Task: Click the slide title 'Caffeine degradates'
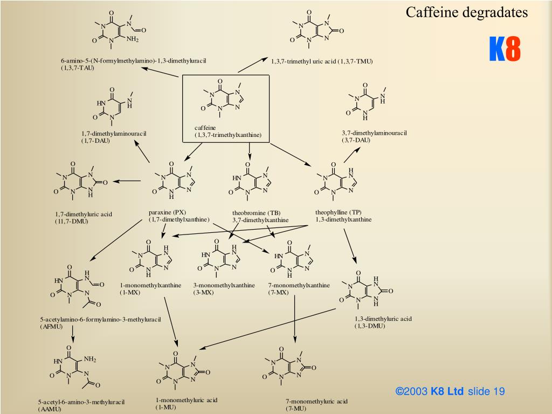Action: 467,12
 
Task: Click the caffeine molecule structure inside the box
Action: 224,100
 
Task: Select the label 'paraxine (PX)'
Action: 168,212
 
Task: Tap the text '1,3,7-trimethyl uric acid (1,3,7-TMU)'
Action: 322,61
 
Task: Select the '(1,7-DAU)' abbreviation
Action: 95,141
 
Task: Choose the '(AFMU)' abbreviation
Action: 51,327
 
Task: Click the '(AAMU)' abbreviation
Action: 50,409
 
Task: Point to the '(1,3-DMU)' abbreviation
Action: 370,326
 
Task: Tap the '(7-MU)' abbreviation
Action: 296,409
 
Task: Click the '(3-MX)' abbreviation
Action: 204,292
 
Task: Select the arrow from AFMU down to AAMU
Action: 73,336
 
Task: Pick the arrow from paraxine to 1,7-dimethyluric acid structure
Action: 127,181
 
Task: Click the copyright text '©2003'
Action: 412,391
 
